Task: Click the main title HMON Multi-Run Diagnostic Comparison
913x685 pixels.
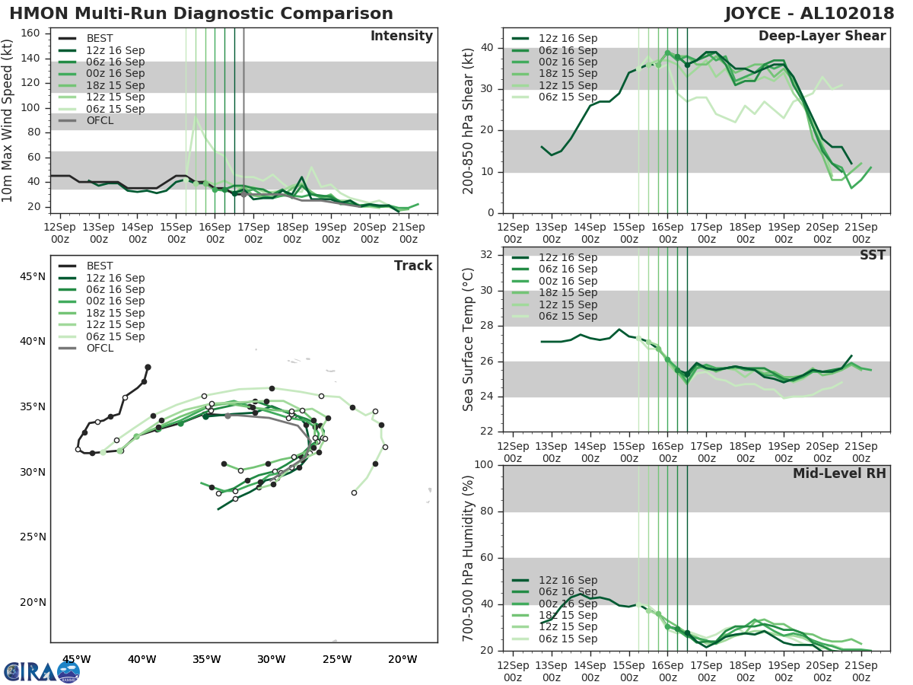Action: pyautogui.click(x=202, y=14)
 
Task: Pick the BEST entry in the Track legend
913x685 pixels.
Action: pyautogui.click(x=100, y=266)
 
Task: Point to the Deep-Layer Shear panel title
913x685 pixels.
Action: pyautogui.click(x=822, y=37)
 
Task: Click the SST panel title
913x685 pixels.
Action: pyautogui.click(x=873, y=255)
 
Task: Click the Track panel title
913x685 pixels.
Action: pyautogui.click(x=413, y=266)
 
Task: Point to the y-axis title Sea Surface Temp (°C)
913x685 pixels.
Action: pyautogui.click(x=469, y=339)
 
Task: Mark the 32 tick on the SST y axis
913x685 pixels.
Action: pyautogui.click(x=487, y=255)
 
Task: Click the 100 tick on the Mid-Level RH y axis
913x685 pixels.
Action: pyautogui.click(x=484, y=465)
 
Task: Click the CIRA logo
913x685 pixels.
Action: pyautogui.click(x=42, y=671)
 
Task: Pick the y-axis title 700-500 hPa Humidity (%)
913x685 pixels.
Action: pyautogui.click(x=469, y=558)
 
